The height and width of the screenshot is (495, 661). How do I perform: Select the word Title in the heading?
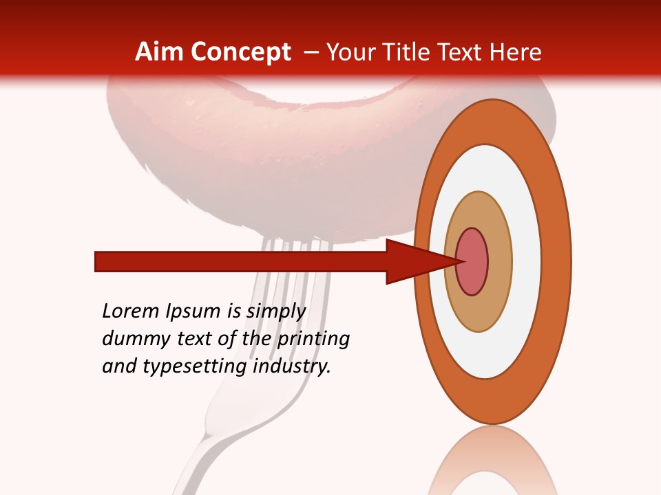point(406,52)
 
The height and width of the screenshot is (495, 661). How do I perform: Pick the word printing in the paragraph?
point(313,339)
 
